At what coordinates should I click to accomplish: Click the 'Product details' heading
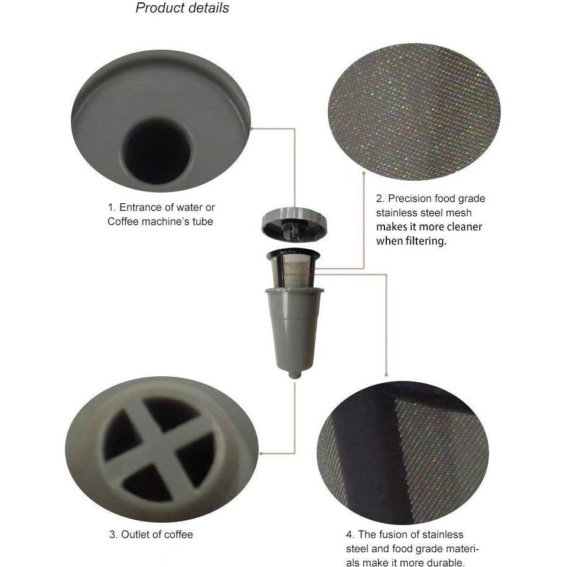(182, 8)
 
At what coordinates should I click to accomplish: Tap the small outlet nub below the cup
(292, 374)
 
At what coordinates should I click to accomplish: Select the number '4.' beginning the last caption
(350, 535)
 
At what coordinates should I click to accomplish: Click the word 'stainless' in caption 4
(444, 535)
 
